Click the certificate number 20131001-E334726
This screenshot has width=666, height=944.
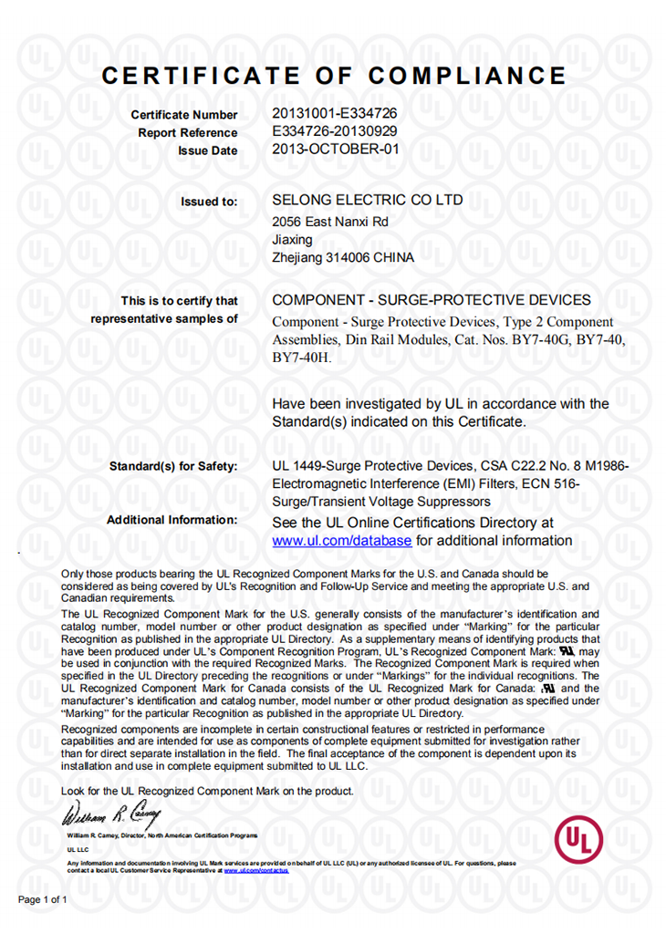tap(334, 114)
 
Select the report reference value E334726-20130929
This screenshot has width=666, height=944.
tap(335, 131)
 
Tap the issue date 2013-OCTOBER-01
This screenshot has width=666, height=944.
tap(336, 150)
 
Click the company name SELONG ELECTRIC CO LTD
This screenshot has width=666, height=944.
tap(368, 200)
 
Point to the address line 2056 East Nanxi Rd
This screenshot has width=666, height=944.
tap(330, 222)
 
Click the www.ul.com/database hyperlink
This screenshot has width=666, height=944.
tap(342, 541)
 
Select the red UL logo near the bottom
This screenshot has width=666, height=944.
tap(578, 837)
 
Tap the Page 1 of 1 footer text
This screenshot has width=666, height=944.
tap(43, 899)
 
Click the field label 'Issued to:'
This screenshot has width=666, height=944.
tap(210, 202)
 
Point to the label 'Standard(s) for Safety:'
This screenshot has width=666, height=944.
tap(173, 467)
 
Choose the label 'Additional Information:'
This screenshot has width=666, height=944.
tap(172, 520)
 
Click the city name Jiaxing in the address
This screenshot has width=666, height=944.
tap(292, 240)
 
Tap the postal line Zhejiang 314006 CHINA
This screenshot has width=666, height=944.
tap(343, 258)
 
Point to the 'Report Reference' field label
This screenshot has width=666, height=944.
tap(188, 133)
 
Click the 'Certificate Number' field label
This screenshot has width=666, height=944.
tap(184, 115)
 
